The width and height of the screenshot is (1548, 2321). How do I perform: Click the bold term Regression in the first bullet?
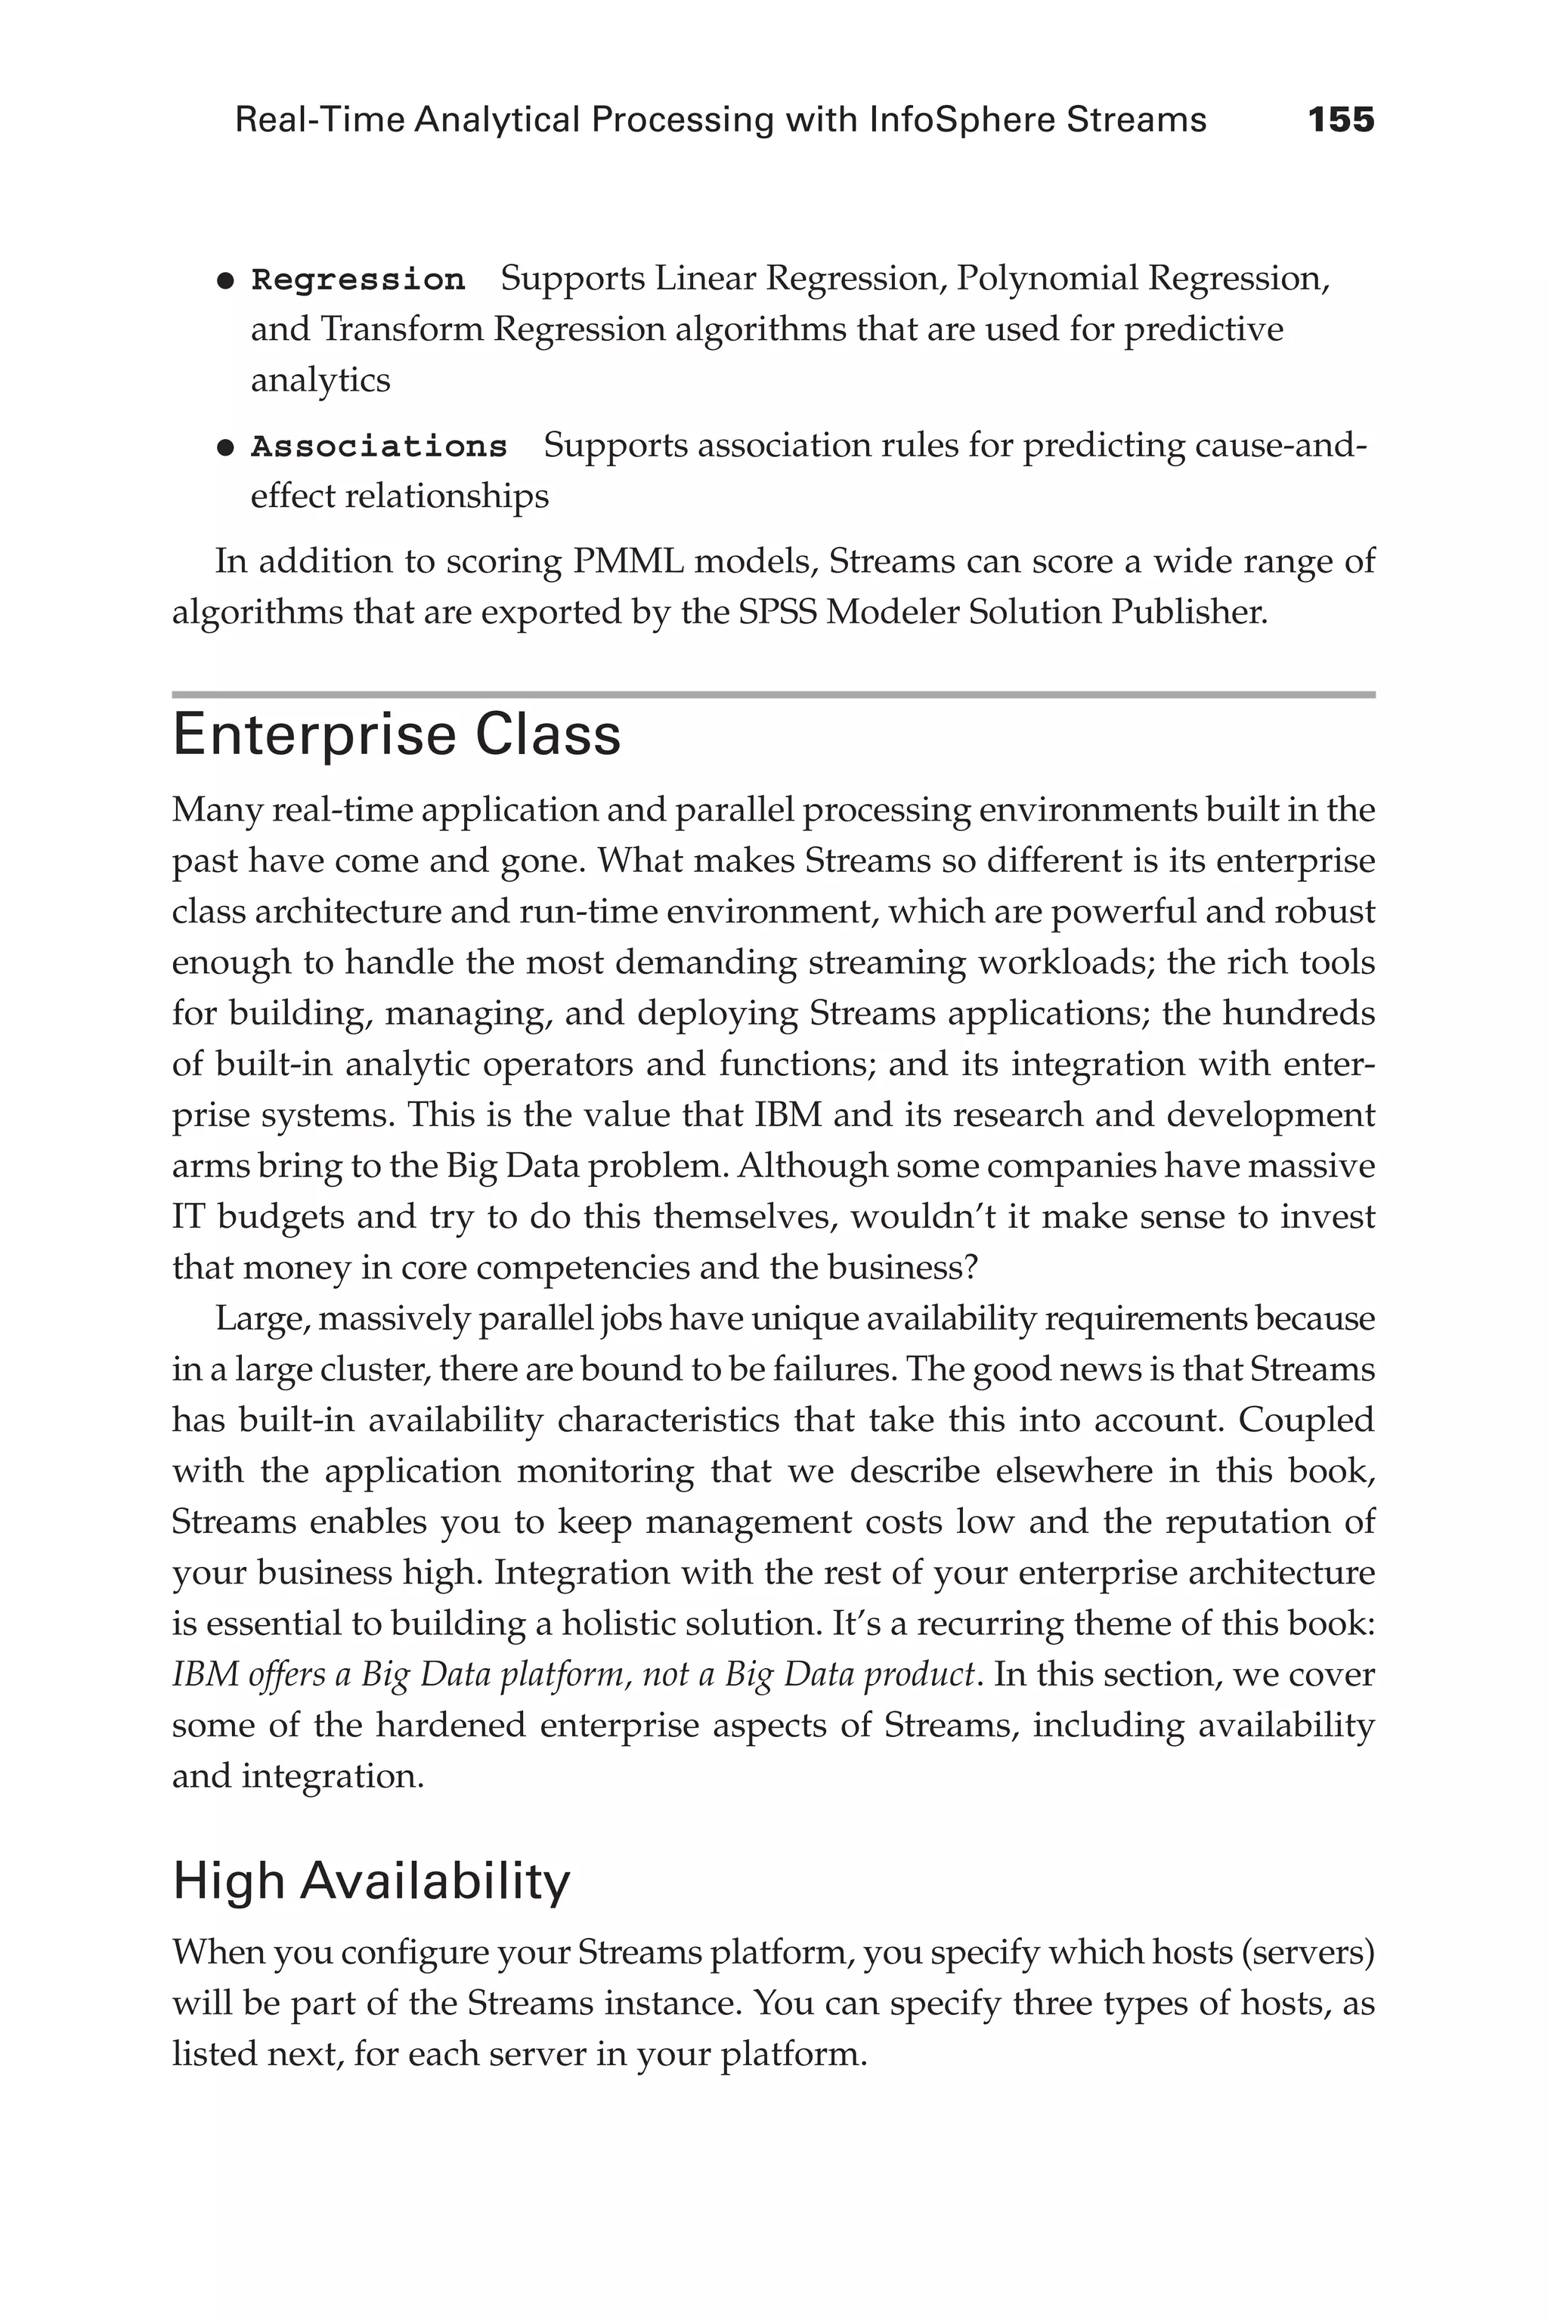[x=358, y=280]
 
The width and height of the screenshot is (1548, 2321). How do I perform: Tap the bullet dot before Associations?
[x=225, y=448]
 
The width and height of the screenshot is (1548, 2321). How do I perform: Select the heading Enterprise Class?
[x=397, y=735]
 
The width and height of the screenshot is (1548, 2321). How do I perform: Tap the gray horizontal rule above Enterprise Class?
[x=773, y=695]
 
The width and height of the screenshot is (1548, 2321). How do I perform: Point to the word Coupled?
[x=1306, y=1420]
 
